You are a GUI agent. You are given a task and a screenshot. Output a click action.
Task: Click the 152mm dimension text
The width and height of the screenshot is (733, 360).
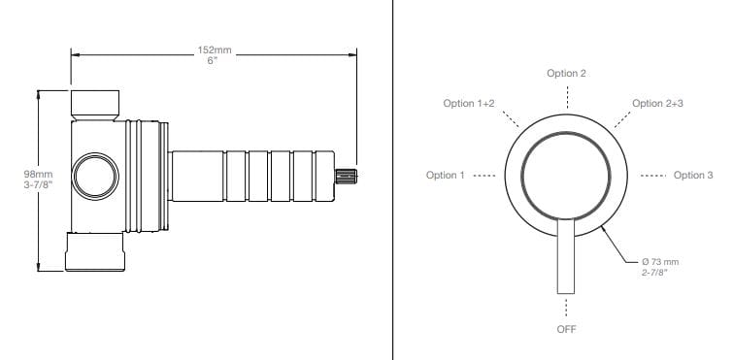pyautogui.click(x=214, y=49)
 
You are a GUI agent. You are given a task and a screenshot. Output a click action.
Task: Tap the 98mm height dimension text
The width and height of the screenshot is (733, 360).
pyautogui.click(x=38, y=174)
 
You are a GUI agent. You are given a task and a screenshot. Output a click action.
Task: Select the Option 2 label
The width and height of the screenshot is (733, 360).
pyautogui.click(x=566, y=74)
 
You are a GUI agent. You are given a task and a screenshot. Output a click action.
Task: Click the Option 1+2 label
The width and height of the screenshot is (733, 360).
pyautogui.click(x=468, y=104)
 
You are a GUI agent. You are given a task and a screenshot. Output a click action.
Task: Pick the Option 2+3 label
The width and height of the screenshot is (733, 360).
pyautogui.click(x=657, y=103)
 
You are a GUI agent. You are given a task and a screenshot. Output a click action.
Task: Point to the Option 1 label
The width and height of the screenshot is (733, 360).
pyautogui.click(x=445, y=175)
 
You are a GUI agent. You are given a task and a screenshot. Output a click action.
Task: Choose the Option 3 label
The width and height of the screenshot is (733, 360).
pyautogui.click(x=693, y=175)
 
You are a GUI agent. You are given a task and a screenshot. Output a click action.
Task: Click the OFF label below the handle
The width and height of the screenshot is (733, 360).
pyautogui.click(x=566, y=329)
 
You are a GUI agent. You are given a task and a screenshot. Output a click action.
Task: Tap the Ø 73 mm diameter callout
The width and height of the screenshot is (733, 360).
pyautogui.click(x=658, y=262)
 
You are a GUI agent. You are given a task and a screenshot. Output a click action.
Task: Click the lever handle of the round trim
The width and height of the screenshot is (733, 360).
pyautogui.click(x=566, y=256)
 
